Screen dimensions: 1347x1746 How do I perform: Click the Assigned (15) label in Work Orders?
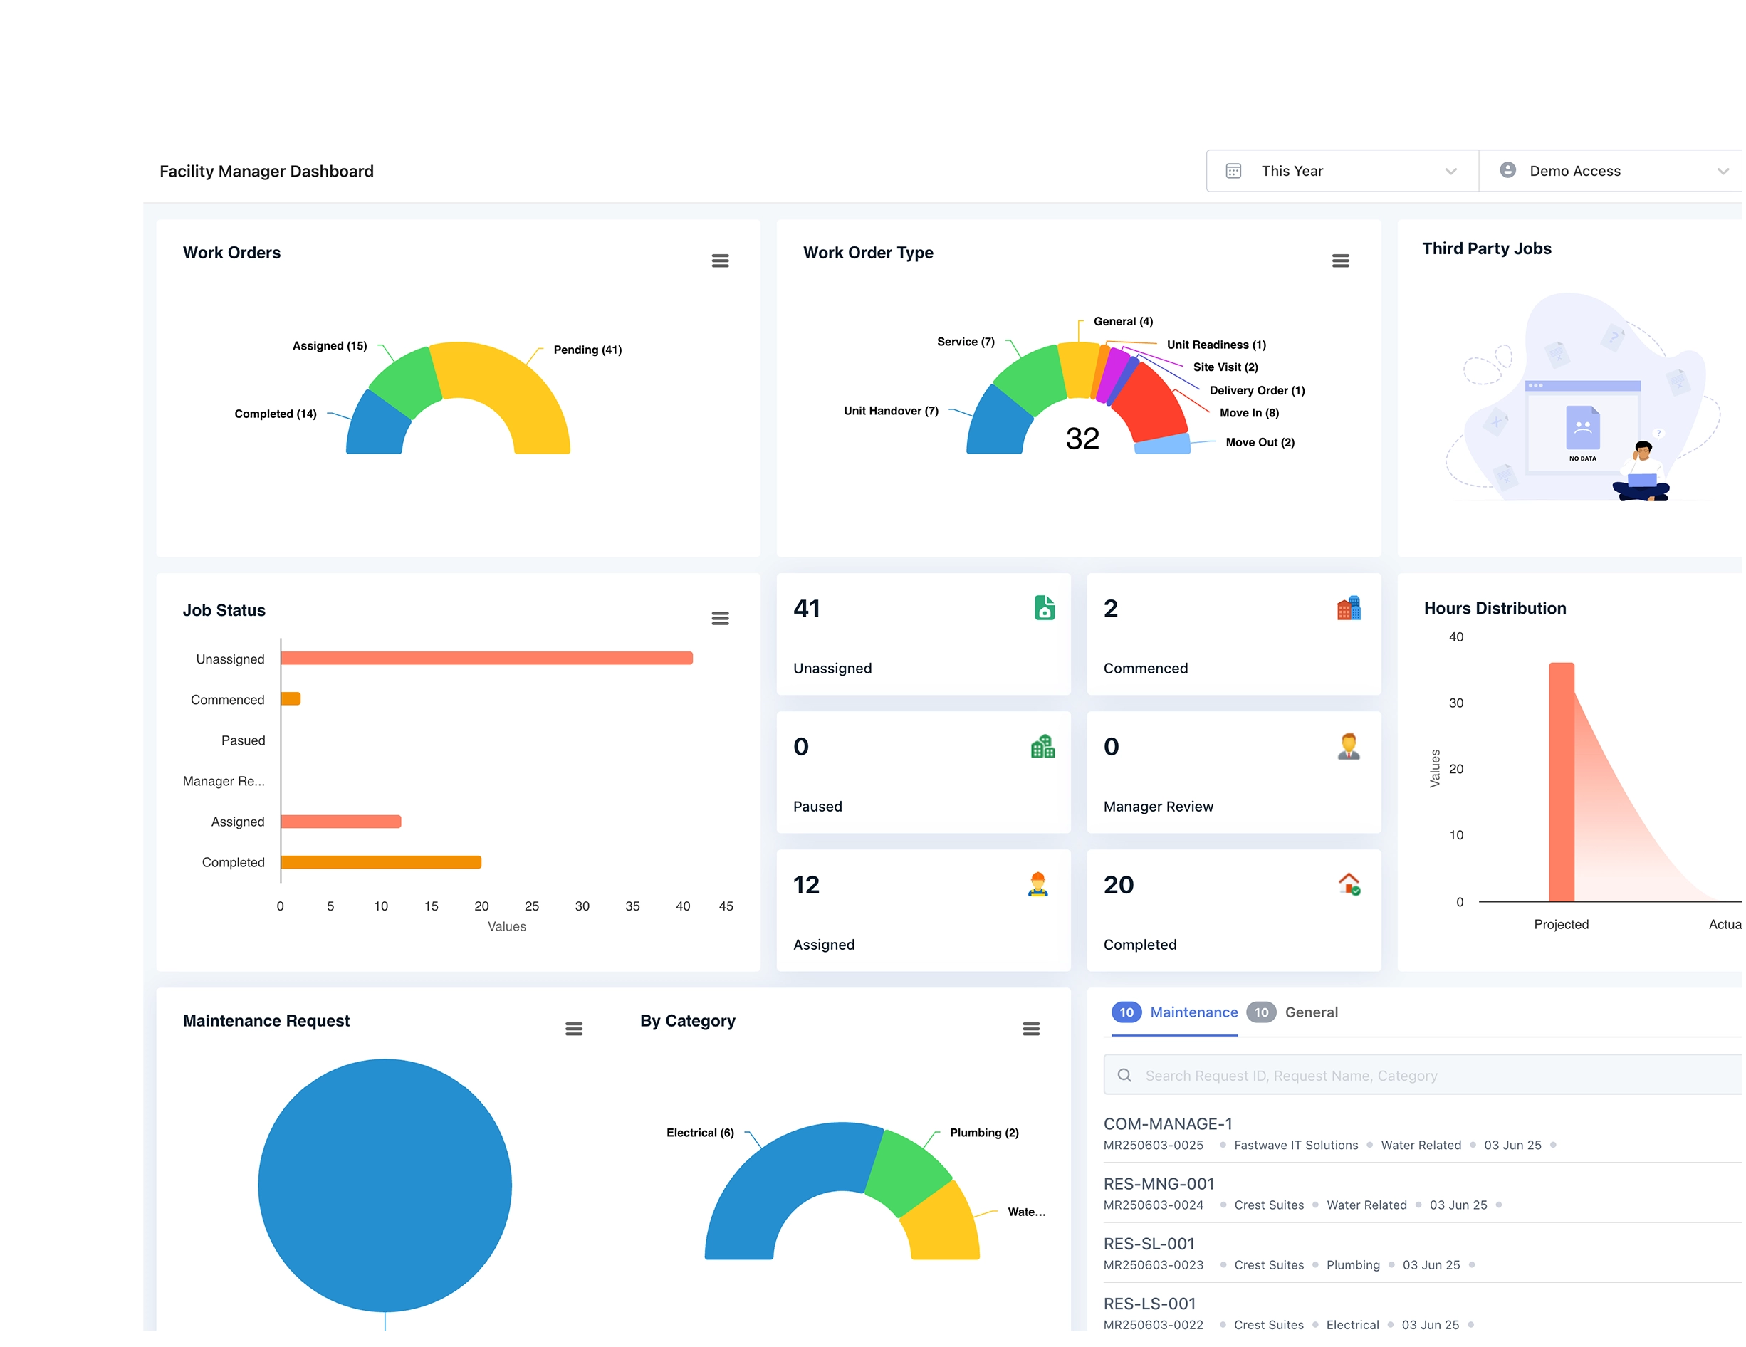[330, 346]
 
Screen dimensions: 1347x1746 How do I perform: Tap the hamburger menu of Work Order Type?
[1340, 261]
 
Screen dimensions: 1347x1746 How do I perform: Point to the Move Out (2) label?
[1259, 442]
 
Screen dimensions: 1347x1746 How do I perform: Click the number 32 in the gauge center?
[1082, 438]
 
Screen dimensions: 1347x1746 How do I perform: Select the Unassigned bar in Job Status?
[486, 658]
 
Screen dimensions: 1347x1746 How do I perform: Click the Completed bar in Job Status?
[380, 861]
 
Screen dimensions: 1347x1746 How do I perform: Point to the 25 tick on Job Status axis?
[532, 906]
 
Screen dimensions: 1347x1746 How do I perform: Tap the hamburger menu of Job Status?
[719, 618]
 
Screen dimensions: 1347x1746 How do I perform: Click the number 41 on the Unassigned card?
[807, 608]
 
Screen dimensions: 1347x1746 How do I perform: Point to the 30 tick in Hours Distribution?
[1455, 703]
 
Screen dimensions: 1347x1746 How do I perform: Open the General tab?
[1310, 1012]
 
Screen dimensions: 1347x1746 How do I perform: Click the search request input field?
[1423, 1075]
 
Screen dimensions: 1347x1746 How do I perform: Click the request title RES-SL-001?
[1149, 1243]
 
